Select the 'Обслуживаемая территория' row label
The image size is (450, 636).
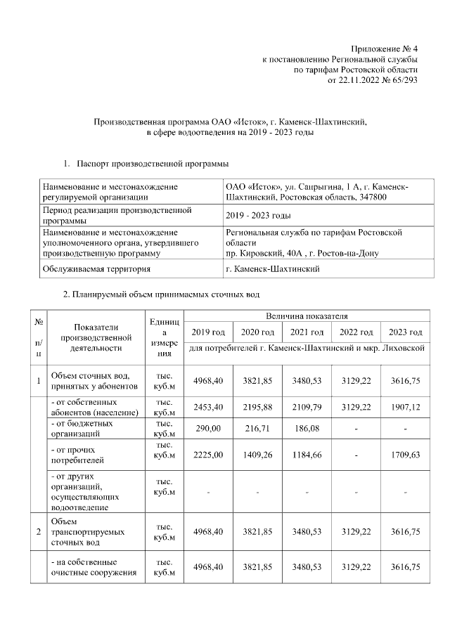pos(96,269)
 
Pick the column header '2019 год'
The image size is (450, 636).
pos(208,332)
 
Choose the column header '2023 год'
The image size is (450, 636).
pos(406,332)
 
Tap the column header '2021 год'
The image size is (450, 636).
pos(307,332)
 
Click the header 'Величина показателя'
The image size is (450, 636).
pos(307,317)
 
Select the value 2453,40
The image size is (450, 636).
pos(208,407)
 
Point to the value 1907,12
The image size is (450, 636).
pos(406,407)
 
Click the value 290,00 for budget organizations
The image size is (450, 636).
pos(208,428)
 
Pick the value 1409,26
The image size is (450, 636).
pos(257,455)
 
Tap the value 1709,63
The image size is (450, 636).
pos(406,455)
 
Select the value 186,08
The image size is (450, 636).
pos(307,428)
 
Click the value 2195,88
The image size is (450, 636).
pos(257,407)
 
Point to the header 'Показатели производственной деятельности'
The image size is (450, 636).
pos(92,337)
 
